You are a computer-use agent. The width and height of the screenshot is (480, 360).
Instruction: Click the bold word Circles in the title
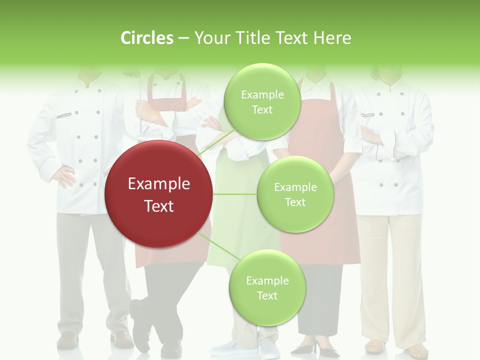[x=147, y=38]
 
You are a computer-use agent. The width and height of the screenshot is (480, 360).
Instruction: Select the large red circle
[x=158, y=194]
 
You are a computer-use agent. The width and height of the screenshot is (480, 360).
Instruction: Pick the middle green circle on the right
[x=295, y=194]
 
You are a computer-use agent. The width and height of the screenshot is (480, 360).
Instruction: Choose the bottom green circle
[x=267, y=287]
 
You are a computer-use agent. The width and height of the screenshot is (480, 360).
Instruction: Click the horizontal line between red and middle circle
[x=235, y=194]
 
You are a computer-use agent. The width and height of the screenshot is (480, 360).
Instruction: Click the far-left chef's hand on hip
[x=64, y=176]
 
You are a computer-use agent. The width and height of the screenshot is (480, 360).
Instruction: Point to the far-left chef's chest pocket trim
[x=63, y=115]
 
